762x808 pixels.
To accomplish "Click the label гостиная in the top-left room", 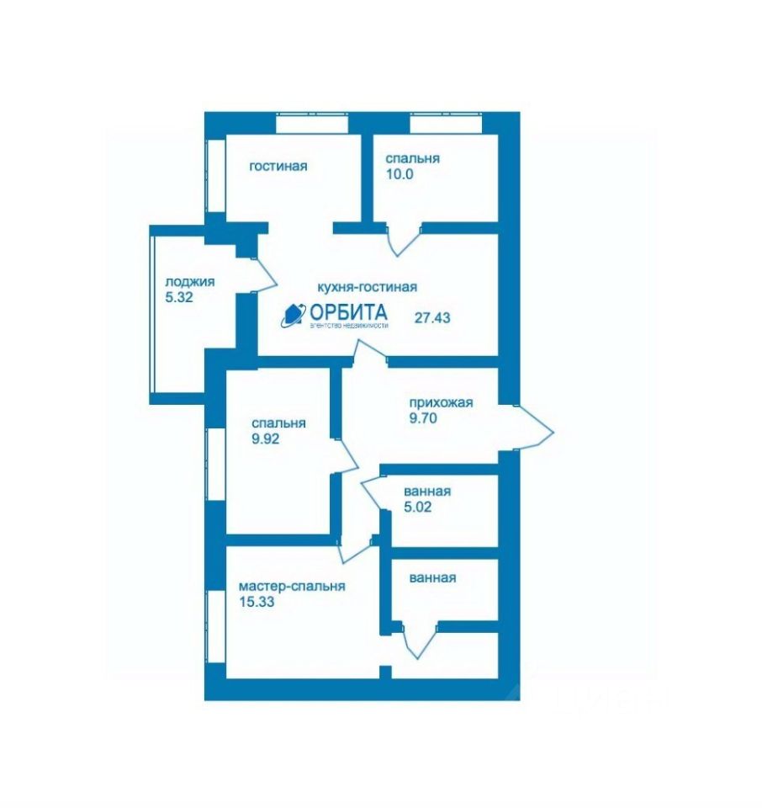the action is (x=278, y=166).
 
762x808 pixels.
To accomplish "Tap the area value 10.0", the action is (x=401, y=176).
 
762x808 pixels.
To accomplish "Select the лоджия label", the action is (x=190, y=282).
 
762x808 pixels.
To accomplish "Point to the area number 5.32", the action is (x=181, y=297).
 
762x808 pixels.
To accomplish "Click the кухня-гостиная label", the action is (x=368, y=286).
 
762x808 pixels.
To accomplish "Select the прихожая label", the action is (x=441, y=401).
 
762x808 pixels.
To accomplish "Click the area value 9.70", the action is (x=425, y=417).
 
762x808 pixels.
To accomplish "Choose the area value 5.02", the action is (x=420, y=508).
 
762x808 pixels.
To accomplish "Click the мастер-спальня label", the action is (x=292, y=587).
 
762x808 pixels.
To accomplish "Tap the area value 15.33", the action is (x=257, y=602).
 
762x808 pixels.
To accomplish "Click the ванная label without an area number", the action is (x=432, y=578).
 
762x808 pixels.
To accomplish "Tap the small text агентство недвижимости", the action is (x=349, y=326).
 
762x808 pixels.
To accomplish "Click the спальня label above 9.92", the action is (x=278, y=423).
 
